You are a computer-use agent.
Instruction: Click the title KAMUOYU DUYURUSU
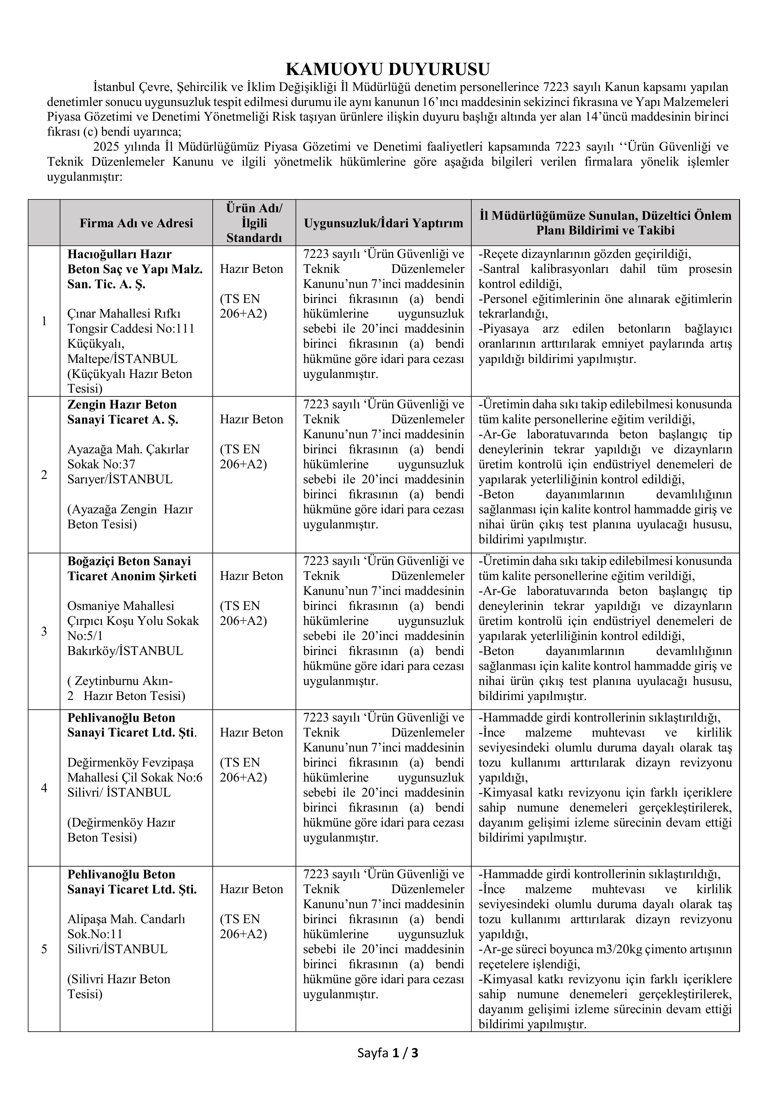click(388, 70)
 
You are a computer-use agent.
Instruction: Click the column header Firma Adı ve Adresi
click(136, 223)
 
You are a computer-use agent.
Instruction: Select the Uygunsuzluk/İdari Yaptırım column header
click(383, 223)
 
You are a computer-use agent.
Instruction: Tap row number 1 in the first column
click(44, 321)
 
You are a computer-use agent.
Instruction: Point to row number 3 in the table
click(44, 632)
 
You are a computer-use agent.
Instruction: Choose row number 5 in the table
click(44, 949)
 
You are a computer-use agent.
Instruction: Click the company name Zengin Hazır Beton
click(122, 405)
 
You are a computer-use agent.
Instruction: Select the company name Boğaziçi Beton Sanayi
click(129, 561)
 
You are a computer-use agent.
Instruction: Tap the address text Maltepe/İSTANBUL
click(122, 359)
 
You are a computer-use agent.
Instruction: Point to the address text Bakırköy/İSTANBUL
click(125, 651)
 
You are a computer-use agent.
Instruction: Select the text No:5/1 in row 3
click(85, 636)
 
